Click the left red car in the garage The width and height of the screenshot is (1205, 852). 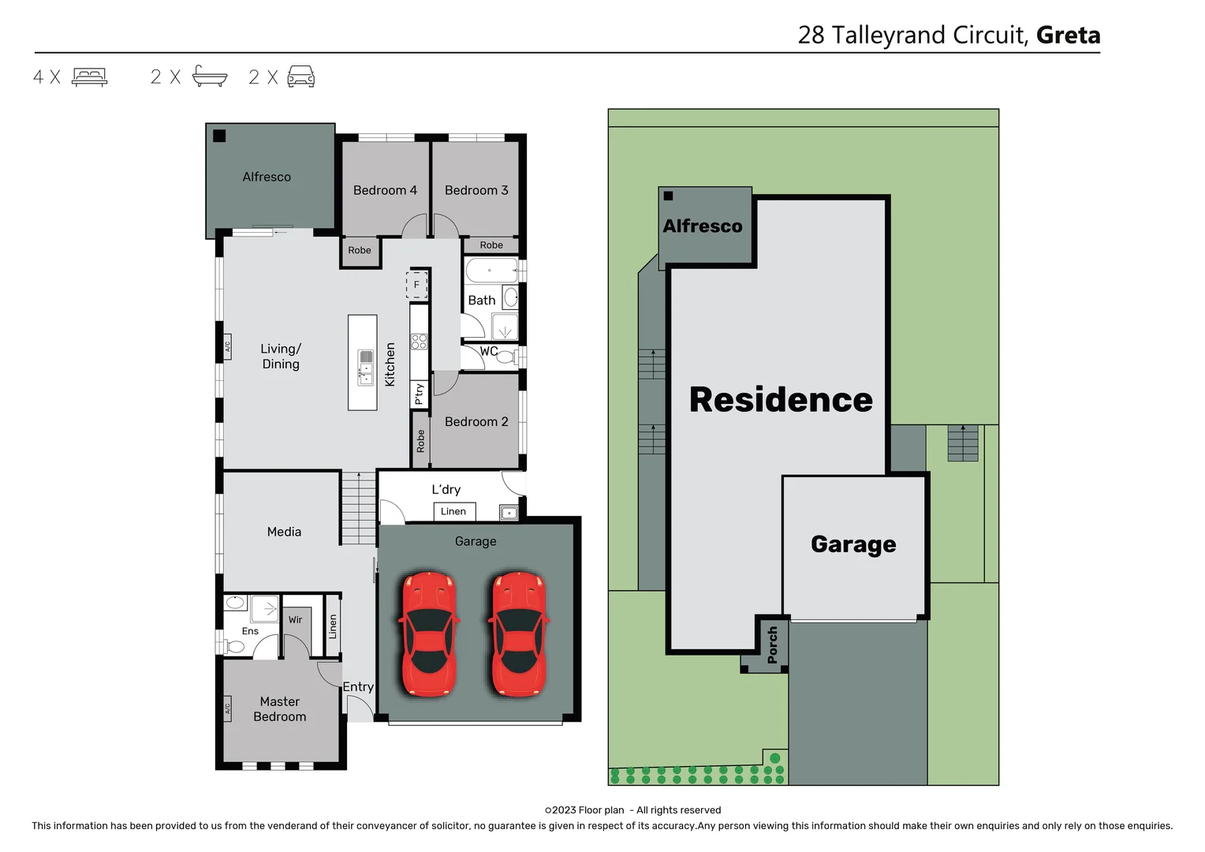428,634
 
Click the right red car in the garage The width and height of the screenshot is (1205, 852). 518,634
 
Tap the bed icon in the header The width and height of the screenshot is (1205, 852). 89,77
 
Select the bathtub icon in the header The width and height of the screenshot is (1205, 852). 210,77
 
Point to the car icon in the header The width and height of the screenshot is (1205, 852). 300,77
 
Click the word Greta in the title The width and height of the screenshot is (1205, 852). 1068,35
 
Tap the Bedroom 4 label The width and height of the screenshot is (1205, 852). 385,190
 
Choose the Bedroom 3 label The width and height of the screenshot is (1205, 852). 476,190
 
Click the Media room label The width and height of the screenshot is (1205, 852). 284,532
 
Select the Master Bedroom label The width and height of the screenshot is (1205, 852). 280,708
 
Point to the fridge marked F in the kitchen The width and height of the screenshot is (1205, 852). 417,285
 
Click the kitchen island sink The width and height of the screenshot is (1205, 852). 366,368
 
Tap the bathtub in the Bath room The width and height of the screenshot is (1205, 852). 491,271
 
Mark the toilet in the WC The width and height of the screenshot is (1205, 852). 505,357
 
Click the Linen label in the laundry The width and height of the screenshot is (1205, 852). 453,511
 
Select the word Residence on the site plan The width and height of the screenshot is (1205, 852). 781,399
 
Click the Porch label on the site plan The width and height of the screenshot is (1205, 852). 772,645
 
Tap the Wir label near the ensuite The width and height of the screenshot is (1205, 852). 295,619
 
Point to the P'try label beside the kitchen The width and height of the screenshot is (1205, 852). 419,393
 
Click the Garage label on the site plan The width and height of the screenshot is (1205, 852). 853,544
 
